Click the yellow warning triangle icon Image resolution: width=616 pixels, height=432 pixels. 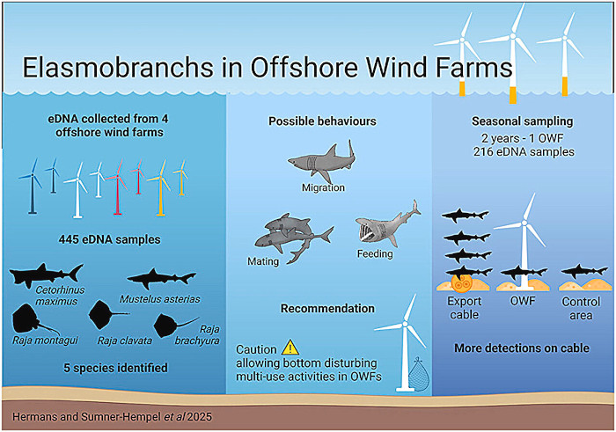[290, 348]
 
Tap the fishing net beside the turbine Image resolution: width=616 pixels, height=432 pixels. [419, 372]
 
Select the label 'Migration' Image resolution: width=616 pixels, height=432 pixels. [323, 187]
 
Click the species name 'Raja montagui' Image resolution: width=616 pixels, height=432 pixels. [45, 340]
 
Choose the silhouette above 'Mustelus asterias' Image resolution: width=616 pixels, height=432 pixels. [161, 278]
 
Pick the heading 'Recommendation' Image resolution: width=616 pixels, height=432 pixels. [327, 309]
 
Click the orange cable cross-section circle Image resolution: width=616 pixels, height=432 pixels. [462, 283]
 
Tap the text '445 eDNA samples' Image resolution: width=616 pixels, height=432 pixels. [110, 239]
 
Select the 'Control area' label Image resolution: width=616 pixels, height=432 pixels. [581, 308]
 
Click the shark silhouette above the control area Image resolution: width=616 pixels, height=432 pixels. [584, 271]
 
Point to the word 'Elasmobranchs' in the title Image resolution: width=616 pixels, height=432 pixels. [118, 67]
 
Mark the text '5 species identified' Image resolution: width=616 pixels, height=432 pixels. [115, 368]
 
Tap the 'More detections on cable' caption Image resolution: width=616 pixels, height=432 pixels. [522, 348]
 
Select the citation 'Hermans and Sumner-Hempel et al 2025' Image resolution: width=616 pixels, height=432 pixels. [112, 416]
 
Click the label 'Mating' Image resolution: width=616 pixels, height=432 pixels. [263, 261]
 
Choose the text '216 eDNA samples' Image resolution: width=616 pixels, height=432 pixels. [524, 152]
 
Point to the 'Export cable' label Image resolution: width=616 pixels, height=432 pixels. [465, 308]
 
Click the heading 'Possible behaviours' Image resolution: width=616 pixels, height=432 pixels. [322, 121]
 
